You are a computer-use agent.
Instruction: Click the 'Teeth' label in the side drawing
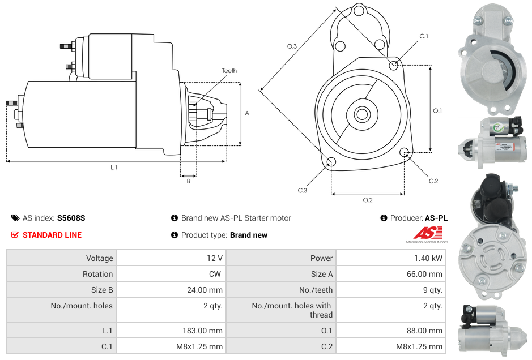pyautogui.click(x=229, y=71)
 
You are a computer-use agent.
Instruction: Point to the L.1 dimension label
pyautogui.click(x=113, y=168)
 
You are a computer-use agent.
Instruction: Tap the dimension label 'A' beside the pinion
pyautogui.click(x=246, y=113)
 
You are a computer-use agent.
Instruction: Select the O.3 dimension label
pyautogui.click(x=292, y=46)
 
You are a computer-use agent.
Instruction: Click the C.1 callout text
pyautogui.click(x=424, y=36)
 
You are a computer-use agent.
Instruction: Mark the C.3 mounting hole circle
pyautogui.click(x=331, y=163)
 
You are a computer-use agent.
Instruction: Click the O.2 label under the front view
pyautogui.click(x=368, y=200)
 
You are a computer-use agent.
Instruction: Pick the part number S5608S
pyautogui.click(x=71, y=218)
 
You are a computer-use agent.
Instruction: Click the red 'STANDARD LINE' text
pyautogui.click(x=52, y=235)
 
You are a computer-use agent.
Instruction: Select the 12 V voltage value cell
pyautogui.click(x=215, y=258)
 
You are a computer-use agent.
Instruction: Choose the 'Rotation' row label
pyautogui.click(x=97, y=274)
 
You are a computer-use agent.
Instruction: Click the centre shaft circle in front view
pyautogui.click(x=361, y=114)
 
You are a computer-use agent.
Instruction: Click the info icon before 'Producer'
pyautogui.click(x=384, y=218)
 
